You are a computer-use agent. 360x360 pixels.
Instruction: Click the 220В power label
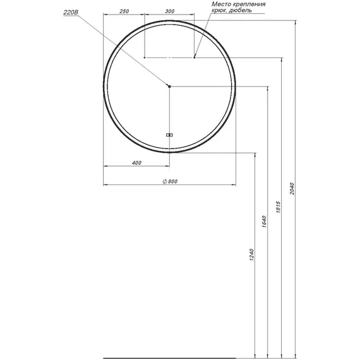[71, 12]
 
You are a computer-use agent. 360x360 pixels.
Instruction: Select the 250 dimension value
[124, 11]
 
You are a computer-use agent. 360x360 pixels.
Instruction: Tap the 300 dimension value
[170, 11]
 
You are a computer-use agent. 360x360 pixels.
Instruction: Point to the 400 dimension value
[136, 163]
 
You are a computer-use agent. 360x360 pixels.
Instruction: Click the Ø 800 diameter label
[170, 181]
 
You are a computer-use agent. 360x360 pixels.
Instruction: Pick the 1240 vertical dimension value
[251, 255]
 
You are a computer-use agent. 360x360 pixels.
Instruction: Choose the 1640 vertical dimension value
[264, 222]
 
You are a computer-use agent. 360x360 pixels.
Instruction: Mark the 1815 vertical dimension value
[279, 207]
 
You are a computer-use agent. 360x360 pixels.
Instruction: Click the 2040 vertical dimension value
[292, 189]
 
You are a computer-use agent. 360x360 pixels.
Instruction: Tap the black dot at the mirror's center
[169, 87]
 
